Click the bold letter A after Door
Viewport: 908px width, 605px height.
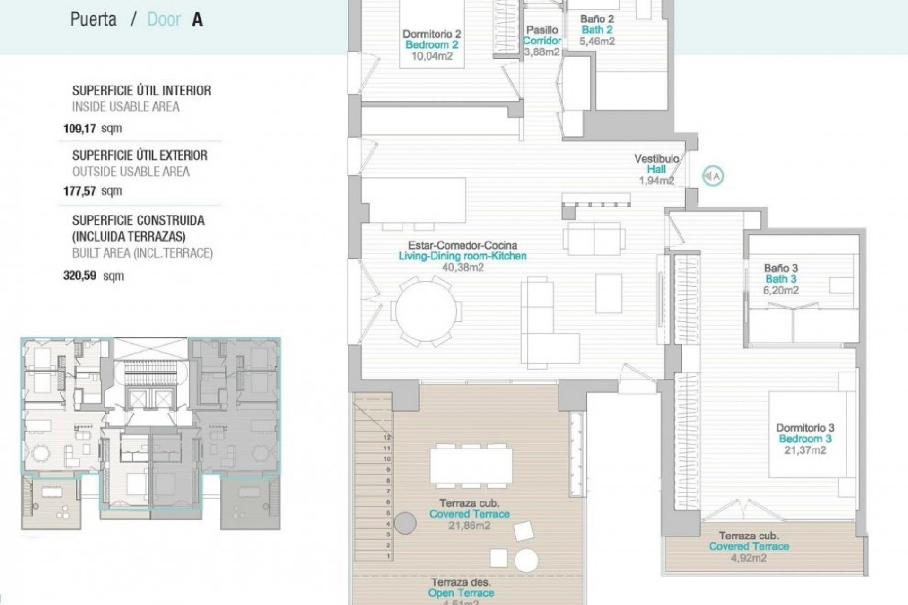coord(197,20)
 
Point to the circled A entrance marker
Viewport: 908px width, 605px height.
coord(713,176)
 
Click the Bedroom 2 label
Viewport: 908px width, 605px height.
coord(431,45)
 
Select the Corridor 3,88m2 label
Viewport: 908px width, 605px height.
coord(542,41)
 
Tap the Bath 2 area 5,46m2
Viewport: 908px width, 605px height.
coord(597,41)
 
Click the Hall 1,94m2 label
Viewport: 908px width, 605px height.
coord(656,170)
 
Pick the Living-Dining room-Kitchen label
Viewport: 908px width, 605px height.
coord(462,256)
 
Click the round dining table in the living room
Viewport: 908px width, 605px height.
coord(426,311)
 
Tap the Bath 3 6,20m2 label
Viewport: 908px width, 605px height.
coord(781,279)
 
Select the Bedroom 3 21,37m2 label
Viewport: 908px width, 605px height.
coord(805,439)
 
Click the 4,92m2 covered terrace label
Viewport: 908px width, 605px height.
coord(749,558)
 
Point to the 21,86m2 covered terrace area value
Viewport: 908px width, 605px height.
coord(470,526)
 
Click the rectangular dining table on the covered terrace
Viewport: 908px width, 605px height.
coord(471,466)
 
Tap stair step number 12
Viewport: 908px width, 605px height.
coord(387,438)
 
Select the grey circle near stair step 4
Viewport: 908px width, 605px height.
coord(405,523)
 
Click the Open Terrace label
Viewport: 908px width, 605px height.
coord(461,593)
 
